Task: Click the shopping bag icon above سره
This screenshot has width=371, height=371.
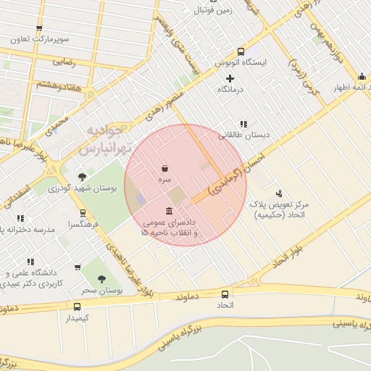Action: [x=165, y=168]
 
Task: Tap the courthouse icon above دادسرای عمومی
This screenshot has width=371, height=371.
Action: [x=169, y=211]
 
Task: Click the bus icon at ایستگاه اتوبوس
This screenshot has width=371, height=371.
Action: [x=241, y=51]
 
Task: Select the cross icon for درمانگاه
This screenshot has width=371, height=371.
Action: [x=230, y=78]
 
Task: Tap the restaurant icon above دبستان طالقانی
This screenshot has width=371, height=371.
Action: [x=243, y=124]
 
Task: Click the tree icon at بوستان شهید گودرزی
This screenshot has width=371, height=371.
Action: [x=82, y=177]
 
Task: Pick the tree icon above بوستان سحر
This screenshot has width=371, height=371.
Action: [x=101, y=279]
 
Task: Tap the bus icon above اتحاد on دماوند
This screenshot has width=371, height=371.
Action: [x=225, y=294]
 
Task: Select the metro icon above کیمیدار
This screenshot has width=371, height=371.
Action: [x=77, y=307]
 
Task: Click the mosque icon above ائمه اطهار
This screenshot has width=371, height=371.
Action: [x=361, y=77]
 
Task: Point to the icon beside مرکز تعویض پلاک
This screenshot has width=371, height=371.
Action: [x=279, y=193]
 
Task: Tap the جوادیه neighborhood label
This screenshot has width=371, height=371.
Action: [x=107, y=131]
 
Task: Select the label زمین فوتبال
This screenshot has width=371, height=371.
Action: [x=211, y=11]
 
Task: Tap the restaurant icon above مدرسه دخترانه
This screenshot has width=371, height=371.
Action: [x=20, y=218]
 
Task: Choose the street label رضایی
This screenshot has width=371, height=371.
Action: [x=63, y=63]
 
